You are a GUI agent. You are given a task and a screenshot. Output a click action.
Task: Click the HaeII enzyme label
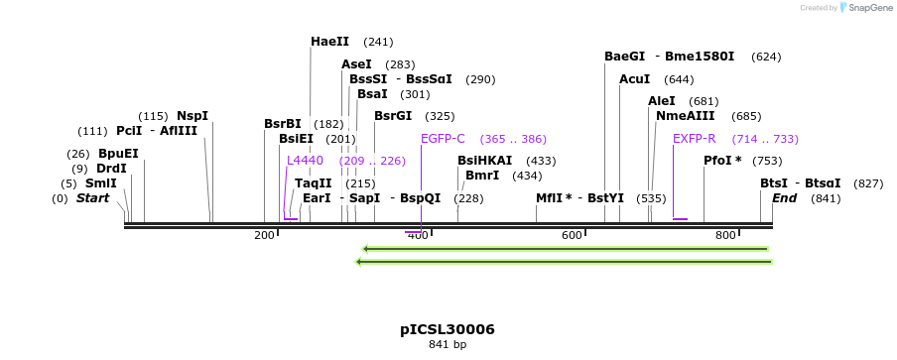pyautogui.click(x=329, y=42)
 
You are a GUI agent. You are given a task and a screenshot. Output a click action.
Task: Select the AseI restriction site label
pyautogui.click(x=356, y=64)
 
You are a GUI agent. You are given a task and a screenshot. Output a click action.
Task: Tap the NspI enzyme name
pyautogui.click(x=192, y=116)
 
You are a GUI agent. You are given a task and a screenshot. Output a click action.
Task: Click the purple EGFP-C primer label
pyautogui.click(x=443, y=139)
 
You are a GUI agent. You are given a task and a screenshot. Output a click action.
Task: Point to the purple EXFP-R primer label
pyautogui.click(x=695, y=139)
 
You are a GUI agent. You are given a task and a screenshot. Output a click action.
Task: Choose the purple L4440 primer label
pyautogui.click(x=305, y=161)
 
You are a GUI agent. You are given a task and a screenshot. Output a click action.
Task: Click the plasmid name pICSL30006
pyautogui.click(x=448, y=329)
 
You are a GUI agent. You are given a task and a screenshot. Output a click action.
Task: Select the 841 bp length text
pyautogui.click(x=448, y=345)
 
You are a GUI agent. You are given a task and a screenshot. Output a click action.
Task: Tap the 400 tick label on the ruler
pyautogui.click(x=418, y=235)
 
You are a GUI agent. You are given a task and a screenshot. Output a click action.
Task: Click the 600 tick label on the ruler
pyautogui.click(x=572, y=235)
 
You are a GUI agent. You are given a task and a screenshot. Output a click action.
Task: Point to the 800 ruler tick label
pyautogui.click(x=725, y=235)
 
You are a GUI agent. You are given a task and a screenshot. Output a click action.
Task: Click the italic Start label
pyautogui.click(x=92, y=198)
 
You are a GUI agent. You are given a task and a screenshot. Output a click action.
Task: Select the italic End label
pyautogui.click(x=784, y=198)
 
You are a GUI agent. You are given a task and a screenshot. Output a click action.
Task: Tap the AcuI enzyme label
pyautogui.click(x=634, y=79)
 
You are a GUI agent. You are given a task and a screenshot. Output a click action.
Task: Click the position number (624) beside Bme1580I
pyautogui.click(x=765, y=57)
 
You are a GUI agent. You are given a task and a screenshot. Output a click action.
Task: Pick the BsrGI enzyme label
pyautogui.click(x=393, y=116)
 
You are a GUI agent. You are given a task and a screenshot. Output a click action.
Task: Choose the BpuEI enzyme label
pyautogui.click(x=118, y=154)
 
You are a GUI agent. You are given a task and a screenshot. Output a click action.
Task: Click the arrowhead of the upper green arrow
pyautogui.click(x=365, y=249)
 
